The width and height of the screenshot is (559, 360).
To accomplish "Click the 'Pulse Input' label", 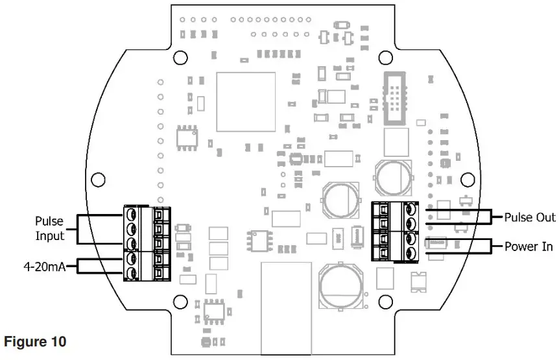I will (x=49, y=227).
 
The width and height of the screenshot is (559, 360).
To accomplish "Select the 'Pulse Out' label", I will (x=529, y=217).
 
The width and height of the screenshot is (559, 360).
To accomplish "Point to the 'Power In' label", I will (x=529, y=246).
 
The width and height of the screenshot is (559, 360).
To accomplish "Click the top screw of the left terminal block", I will (x=132, y=213).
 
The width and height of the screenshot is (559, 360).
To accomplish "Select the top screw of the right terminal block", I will (x=410, y=209).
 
